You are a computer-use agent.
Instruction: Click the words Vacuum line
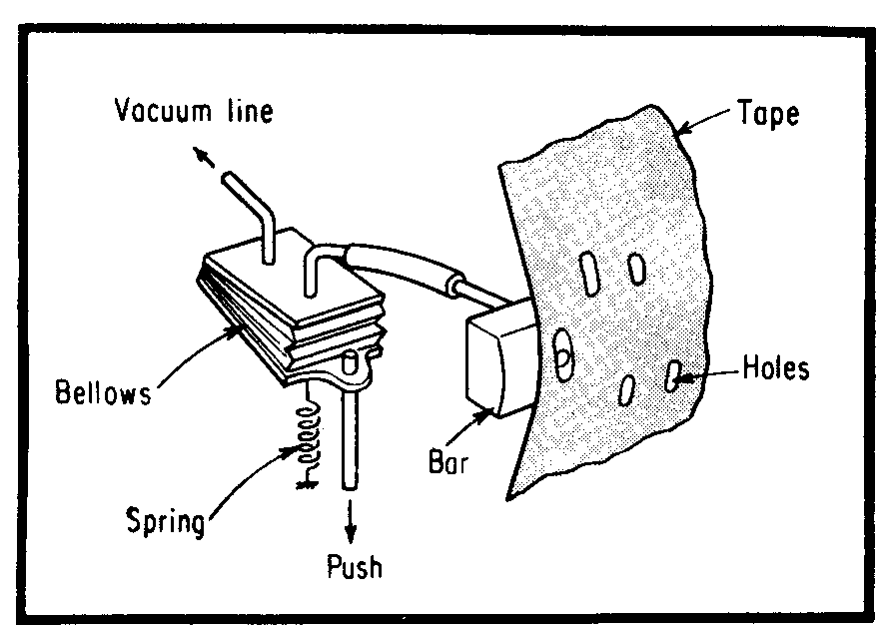[x=193, y=111]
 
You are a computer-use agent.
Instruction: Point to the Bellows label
[x=103, y=391]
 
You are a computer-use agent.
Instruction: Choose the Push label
[x=355, y=568]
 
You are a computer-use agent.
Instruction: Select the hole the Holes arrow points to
[x=674, y=376]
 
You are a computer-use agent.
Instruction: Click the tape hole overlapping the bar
[x=562, y=354]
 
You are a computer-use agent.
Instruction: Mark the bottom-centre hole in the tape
[x=627, y=388]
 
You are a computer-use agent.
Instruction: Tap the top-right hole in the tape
[x=635, y=269]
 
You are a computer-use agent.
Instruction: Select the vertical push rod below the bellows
[x=350, y=439]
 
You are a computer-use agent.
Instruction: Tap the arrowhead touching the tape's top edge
[x=682, y=127]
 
